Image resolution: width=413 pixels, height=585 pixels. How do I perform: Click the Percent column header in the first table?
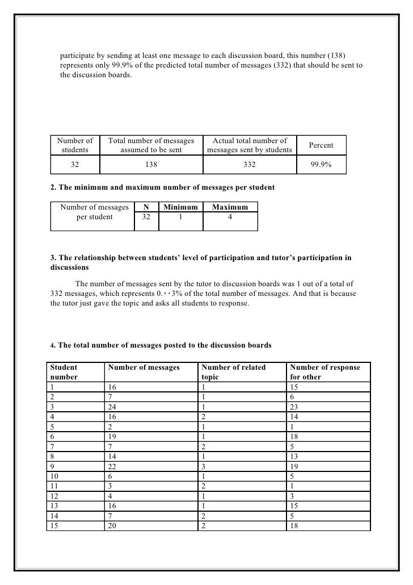(321, 145)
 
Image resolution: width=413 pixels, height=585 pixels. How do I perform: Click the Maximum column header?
(230, 207)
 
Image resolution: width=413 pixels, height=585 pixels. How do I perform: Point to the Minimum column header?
(180, 207)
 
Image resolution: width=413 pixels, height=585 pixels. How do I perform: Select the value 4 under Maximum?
(230, 216)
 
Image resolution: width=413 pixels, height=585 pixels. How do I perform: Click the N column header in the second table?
(146, 207)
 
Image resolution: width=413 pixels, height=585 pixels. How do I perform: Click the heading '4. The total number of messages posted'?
(161, 345)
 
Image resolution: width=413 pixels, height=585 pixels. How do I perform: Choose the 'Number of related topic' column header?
(233, 372)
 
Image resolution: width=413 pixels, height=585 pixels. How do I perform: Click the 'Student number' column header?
(64, 372)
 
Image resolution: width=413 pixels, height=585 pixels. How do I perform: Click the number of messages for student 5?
(110, 427)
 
